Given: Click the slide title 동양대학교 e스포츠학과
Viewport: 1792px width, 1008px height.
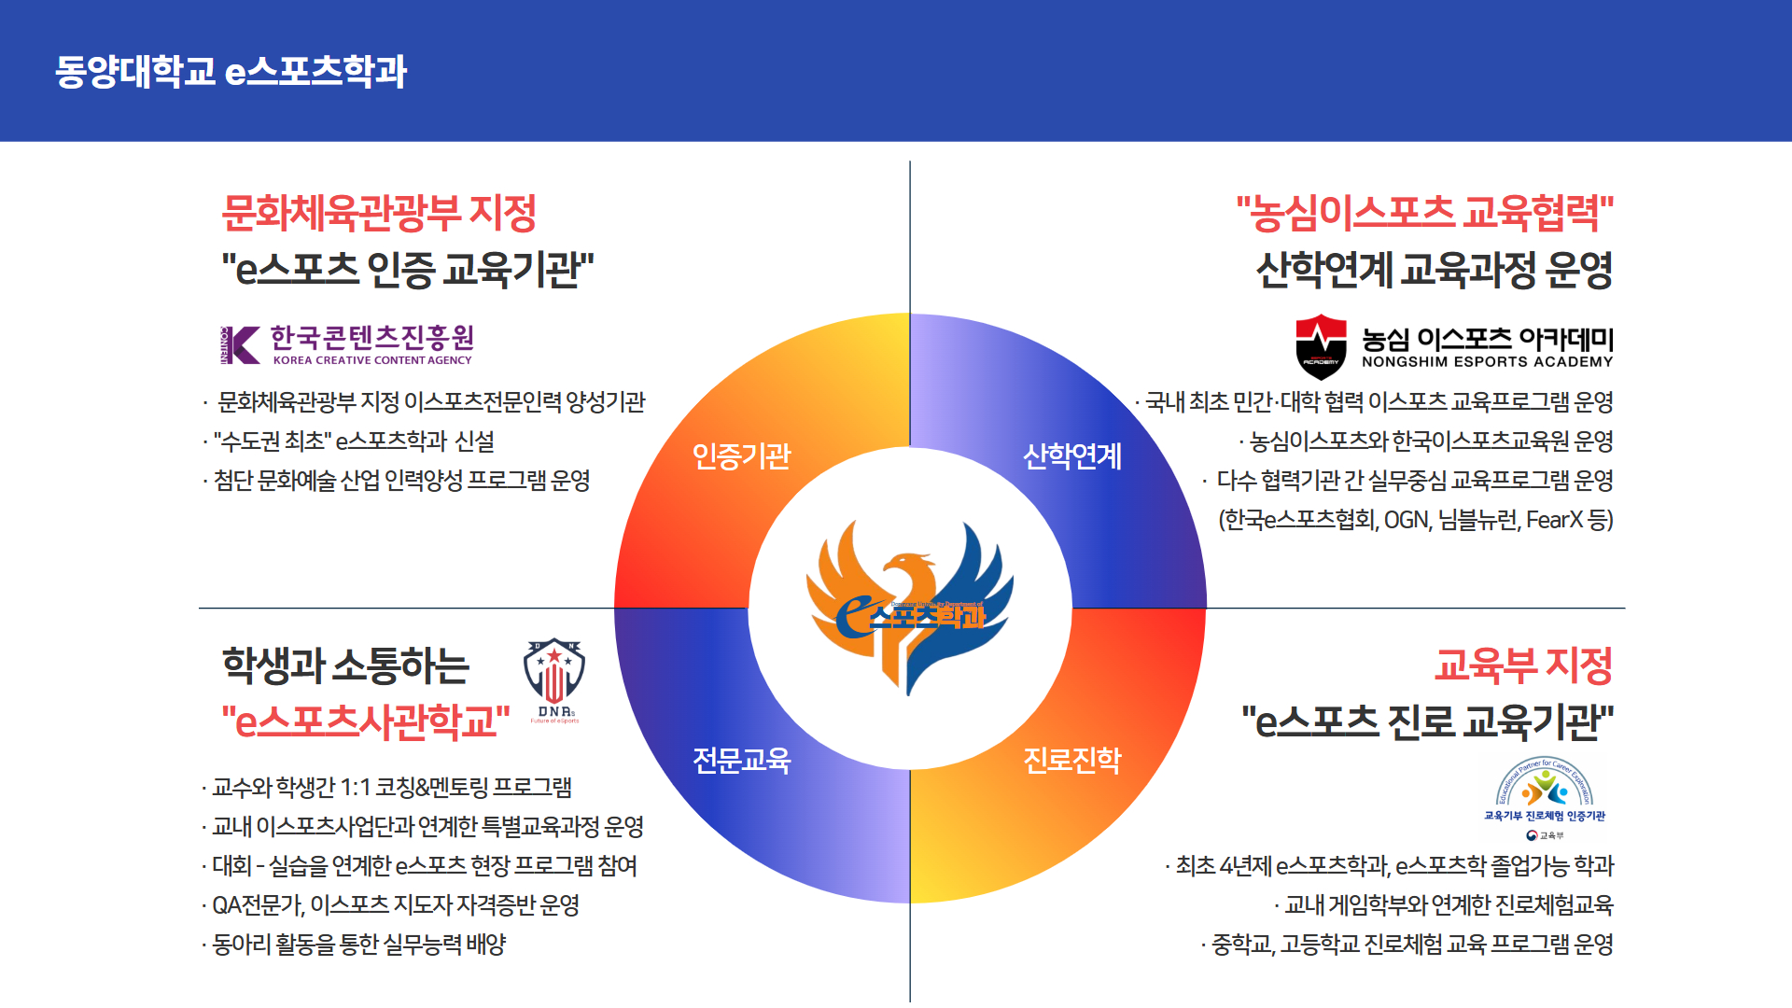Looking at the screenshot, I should point(231,72).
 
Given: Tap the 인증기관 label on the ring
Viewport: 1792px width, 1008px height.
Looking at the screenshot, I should point(741,456).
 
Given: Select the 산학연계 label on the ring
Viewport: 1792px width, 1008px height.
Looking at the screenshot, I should point(1072,456).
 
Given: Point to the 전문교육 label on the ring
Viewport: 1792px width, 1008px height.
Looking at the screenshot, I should point(741,761).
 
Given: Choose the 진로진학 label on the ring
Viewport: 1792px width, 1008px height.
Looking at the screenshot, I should point(1072,761).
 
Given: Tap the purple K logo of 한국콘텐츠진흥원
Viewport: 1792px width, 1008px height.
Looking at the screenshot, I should point(241,345).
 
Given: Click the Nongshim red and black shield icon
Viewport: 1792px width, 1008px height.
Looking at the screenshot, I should point(1321,346).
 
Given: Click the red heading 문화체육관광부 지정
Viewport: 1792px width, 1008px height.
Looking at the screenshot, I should point(379,214).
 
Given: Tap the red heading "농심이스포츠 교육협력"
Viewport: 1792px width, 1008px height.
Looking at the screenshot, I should point(1425,214).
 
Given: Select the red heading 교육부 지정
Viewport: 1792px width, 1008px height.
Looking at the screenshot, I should point(1523,665).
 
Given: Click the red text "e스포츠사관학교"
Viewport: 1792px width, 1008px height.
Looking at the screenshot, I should point(366,721).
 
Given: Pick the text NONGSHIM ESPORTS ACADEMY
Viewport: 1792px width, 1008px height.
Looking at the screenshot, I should point(1487,362).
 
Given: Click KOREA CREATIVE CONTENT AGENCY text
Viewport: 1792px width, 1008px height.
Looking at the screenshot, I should point(372,360).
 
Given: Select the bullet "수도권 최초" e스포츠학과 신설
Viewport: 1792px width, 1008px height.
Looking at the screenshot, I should point(354,441).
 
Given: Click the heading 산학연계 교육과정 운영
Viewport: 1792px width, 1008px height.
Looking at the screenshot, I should point(1435,271).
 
